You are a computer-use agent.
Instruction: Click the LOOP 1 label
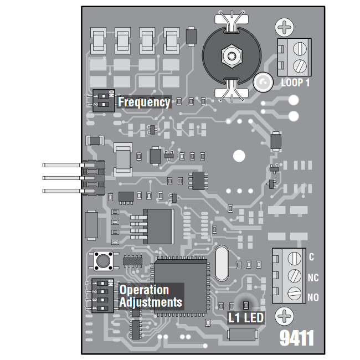[x=295, y=83]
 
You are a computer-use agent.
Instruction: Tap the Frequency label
[x=144, y=102]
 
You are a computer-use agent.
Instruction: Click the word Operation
[x=144, y=290]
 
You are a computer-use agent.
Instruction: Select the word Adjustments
[x=151, y=302]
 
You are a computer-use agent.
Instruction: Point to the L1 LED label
[x=246, y=318]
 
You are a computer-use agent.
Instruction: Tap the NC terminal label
[x=312, y=277]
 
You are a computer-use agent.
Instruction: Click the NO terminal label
[x=312, y=297]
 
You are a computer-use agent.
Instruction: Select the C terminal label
[x=311, y=257]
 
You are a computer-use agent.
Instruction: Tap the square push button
[x=102, y=259]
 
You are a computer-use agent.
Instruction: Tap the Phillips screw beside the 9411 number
[x=285, y=317]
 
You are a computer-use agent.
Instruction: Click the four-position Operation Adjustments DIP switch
[x=102, y=296]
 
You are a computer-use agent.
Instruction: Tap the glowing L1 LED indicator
[x=243, y=305]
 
